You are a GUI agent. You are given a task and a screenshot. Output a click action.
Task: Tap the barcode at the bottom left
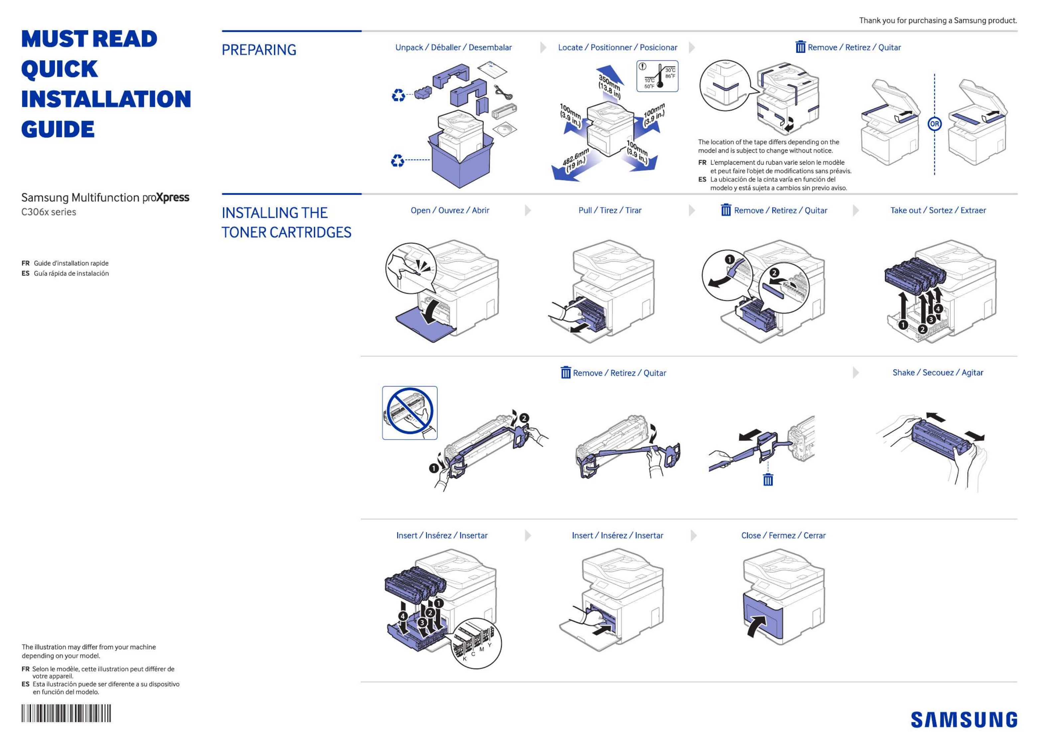(66, 713)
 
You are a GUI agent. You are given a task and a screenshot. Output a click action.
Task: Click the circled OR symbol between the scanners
(934, 124)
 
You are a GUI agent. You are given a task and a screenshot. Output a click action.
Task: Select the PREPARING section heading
(259, 50)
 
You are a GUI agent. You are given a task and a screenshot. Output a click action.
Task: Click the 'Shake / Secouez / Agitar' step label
(937, 373)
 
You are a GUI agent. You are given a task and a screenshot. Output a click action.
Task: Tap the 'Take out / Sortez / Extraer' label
(938, 210)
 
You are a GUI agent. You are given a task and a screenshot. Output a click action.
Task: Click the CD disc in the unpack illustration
(504, 129)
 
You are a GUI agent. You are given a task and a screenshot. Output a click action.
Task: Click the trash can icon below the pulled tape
(768, 480)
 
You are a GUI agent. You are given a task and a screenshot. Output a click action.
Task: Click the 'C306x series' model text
(49, 212)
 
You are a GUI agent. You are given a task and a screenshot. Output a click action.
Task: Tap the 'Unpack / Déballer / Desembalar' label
(453, 47)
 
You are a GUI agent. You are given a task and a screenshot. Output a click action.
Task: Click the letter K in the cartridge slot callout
(464, 659)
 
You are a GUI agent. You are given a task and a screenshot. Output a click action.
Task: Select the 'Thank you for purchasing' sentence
(938, 20)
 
